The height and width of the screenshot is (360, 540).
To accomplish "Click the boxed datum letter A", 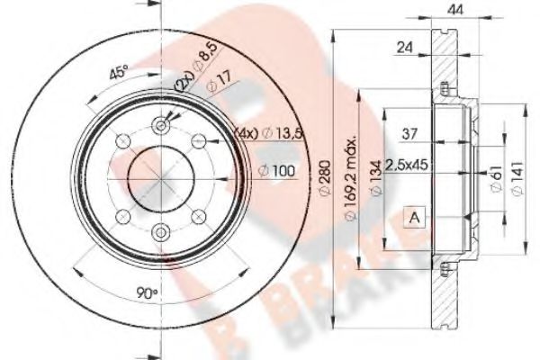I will tap(414, 217).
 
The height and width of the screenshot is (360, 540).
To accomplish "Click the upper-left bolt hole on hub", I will tap(121, 141).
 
